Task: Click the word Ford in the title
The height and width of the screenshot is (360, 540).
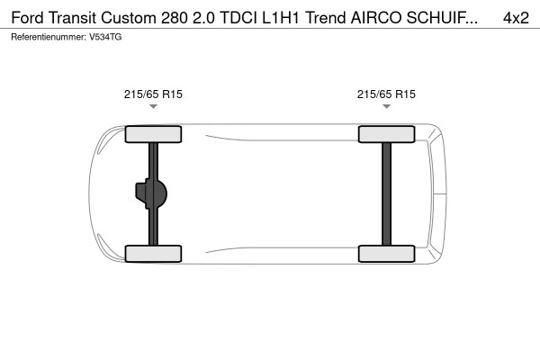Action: tap(29, 18)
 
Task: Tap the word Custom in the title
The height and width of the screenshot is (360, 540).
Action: tap(133, 18)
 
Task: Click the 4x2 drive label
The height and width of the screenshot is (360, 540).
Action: tap(516, 18)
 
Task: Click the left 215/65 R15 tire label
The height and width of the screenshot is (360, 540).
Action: tap(153, 93)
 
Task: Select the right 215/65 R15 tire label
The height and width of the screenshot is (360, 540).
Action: tap(386, 93)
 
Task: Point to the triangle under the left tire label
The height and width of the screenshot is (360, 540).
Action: tap(153, 106)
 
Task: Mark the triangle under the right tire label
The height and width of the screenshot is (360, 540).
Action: tap(386, 106)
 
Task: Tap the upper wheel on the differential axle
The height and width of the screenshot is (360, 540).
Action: tap(153, 135)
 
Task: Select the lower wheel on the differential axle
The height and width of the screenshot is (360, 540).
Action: tap(153, 253)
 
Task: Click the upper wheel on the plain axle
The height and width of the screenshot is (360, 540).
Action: tap(386, 135)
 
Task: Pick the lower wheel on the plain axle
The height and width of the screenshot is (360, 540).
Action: tap(386, 253)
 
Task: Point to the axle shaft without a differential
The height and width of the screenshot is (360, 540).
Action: tap(387, 193)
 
